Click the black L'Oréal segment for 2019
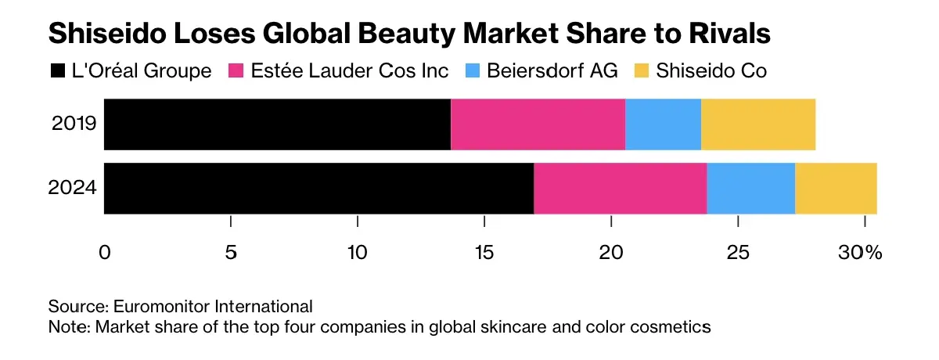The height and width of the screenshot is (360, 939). click(x=277, y=124)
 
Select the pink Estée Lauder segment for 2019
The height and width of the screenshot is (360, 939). click(x=538, y=124)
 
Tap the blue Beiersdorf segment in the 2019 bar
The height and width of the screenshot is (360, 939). click(x=663, y=124)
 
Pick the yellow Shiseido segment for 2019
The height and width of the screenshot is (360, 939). click(x=758, y=124)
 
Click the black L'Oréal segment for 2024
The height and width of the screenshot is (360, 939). click(x=318, y=189)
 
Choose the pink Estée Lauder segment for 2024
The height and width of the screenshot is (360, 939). click(x=620, y=189)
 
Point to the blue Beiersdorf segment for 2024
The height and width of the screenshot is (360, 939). click(x=750, y=189)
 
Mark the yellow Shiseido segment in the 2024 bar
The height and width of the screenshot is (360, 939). click(x=836, y=189)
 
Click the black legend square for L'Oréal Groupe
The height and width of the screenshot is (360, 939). click(x=57, y=71)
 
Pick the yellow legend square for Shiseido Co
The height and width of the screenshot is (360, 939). click(x=642, y=71)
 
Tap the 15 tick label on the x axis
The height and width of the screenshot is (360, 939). click(x=484, y=253)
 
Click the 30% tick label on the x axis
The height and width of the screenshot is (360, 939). click(x=861, y=253)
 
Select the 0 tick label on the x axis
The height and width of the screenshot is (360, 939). click(x=104, y=253)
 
